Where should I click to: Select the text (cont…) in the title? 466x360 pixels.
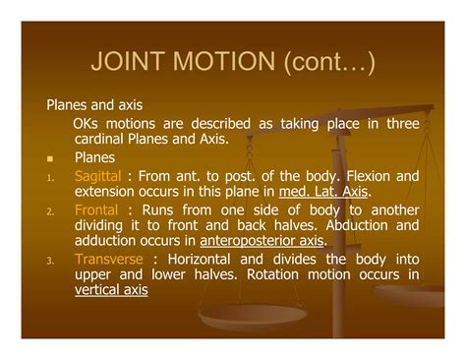[x=326, y=64]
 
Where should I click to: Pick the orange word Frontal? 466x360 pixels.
[x=95, y=210]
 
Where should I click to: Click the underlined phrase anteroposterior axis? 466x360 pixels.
[x=262, y=240]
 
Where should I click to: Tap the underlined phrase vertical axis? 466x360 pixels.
[x=111, y=289]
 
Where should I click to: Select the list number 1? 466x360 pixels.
[x=49, y=177]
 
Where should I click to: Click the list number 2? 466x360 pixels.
[x=49, y=211]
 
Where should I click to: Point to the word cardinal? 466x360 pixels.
[x=98, y=139]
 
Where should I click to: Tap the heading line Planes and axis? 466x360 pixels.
[x=94, y=103]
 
